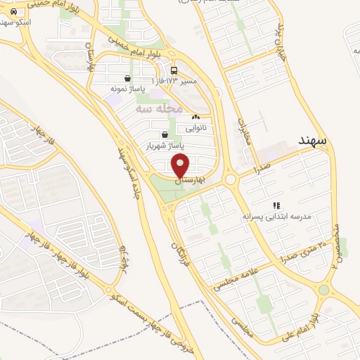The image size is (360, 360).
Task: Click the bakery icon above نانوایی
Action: click(195, 117)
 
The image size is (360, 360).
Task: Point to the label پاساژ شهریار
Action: click(164, 146)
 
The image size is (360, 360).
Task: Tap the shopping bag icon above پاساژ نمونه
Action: click(127, 79)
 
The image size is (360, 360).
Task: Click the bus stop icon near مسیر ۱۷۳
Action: click(174, 70)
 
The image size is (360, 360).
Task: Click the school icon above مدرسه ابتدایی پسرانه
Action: click(286, 205)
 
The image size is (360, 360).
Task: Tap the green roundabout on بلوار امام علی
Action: click(323, 290)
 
